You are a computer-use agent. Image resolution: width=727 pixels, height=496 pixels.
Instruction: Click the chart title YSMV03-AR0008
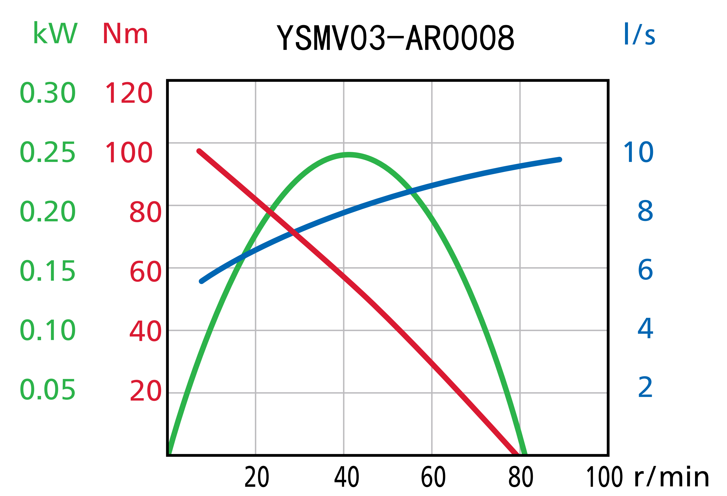(x=395, y=38)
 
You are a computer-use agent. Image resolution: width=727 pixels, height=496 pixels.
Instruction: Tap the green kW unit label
(x=55, y=33)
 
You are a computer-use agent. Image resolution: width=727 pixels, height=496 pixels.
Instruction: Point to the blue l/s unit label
(x=639, y=34)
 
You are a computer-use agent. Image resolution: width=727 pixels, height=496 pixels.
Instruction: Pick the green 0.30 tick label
(x=47, y=93)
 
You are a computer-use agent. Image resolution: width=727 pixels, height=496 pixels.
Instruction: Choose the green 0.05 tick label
(x=47, y=390)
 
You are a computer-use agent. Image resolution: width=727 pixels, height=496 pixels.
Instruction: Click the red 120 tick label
(x=129, y=93)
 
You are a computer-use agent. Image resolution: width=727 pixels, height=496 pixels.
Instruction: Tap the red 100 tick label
(x=129, y=152)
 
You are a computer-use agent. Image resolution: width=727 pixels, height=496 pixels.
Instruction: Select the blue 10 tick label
(x=639, y=152)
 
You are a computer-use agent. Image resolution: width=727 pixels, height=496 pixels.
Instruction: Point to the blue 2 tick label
(x=645, y=387)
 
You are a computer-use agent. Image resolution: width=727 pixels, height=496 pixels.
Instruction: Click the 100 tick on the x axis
(x=604, y=478)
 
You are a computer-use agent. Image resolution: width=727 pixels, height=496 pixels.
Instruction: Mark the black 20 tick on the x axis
(x=257, y=478)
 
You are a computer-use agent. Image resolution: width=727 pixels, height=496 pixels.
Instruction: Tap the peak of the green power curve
(x=349, y=155)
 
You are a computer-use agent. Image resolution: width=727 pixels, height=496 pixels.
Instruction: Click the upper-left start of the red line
(x=199, y=151)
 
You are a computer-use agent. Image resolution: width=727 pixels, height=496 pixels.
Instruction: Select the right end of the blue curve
(x=559, y=160)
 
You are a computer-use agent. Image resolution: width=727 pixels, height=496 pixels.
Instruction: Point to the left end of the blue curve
(x=202, y=281)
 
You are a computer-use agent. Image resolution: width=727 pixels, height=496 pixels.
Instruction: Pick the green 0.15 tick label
(x=47, y=271)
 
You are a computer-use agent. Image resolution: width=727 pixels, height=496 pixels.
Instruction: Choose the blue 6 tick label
(x=645, y=270)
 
